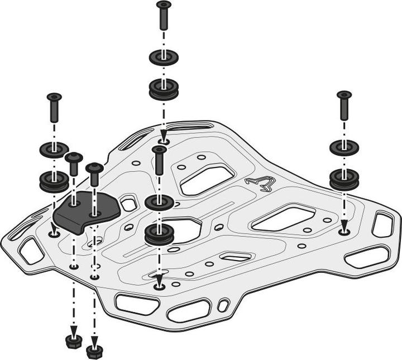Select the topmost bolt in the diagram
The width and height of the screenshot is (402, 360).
point(164,15)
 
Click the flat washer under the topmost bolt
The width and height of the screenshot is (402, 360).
point(164,57)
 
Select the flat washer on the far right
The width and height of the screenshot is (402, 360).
point(344,147)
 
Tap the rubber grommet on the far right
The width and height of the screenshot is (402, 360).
point(344,179)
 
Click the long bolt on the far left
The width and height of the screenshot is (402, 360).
point(54,107)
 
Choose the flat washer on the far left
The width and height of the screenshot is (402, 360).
point(54,150)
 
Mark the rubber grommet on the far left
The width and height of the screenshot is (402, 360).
point(54,181)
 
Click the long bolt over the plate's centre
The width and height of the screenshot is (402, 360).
point(159,161)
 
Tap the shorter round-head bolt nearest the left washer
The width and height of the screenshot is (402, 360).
point(74,164)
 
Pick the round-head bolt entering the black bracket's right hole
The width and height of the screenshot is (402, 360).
point(94,174)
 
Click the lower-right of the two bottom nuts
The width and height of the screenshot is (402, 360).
point(94,351)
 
